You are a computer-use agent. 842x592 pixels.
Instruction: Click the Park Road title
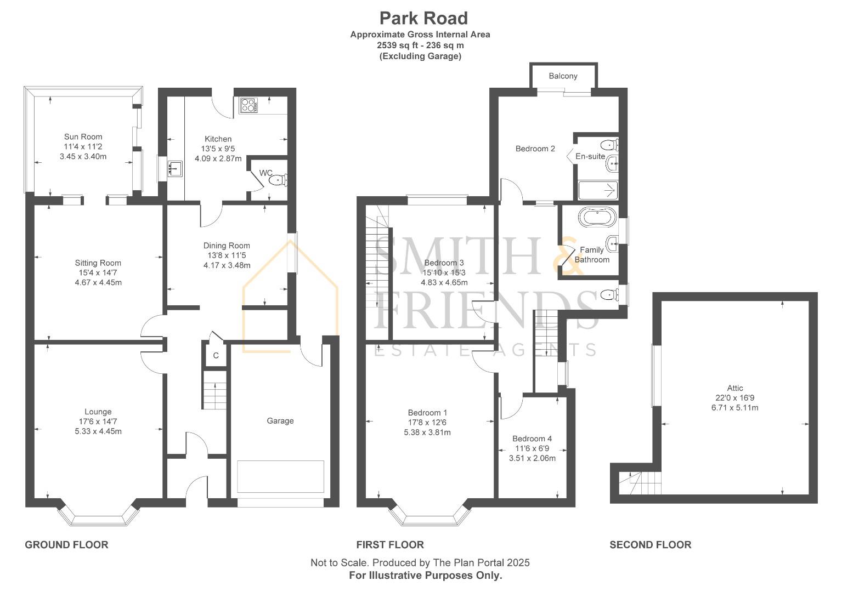[423, 18]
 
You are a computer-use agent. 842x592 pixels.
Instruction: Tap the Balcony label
[563, 76]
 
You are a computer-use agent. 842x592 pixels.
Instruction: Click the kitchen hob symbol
[248, 105]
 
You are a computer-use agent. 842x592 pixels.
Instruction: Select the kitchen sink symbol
[175, 168]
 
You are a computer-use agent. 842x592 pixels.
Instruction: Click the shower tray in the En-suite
[598, 190]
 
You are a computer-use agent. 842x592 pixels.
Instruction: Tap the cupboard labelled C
[216, 355]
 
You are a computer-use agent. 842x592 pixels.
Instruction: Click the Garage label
[280, 421]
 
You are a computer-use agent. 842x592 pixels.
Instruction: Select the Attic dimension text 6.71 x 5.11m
[736, 408]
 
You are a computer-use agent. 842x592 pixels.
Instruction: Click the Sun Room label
[83, 136]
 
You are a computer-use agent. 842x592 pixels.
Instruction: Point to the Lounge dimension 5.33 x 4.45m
[98, 431]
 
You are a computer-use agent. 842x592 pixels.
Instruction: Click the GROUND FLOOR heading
[66, 544]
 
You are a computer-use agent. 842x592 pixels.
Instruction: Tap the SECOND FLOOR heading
[650, 544]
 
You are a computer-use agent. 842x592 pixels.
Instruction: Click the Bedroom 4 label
[532, 439]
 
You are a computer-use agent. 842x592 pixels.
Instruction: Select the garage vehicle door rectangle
[280, 477]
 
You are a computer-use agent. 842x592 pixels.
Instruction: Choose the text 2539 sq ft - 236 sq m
[420, 45]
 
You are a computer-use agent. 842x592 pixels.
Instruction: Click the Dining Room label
[227, 246]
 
